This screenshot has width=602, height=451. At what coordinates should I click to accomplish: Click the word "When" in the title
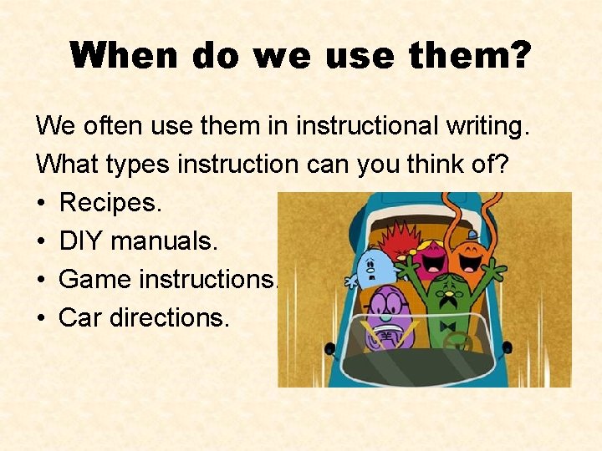(124, 57)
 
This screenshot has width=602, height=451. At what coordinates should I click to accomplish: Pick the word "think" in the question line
(433, 165)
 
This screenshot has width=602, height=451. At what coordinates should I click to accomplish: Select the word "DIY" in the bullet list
(82, 241)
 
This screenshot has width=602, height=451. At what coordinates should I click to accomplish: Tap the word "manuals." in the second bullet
(165, 241)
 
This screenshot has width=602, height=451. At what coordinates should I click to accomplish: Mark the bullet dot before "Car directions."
(41, 318)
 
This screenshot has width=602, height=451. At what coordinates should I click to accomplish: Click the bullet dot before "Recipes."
(41, 203)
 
